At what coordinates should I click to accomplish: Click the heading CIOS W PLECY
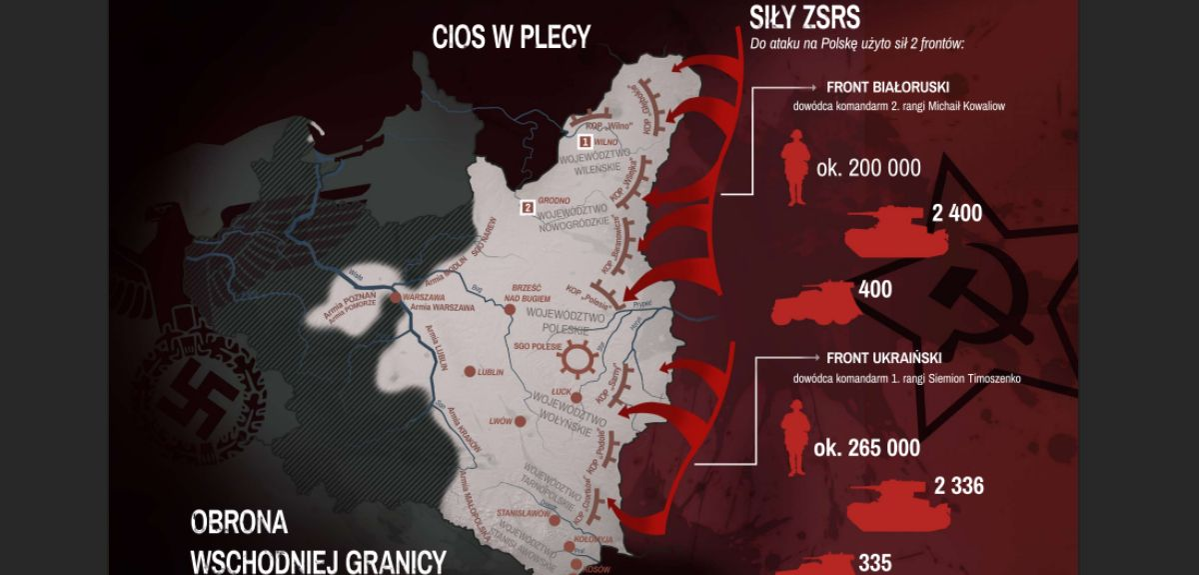click(511, 36)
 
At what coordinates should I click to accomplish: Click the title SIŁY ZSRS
click(806, 17)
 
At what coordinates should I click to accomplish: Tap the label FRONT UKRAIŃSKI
click(884, 357)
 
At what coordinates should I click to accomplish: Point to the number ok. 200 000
click(868, 168)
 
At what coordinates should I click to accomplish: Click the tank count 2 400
click(957, 213)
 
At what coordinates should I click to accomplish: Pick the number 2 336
click(958, 487)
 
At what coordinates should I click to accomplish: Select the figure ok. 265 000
click(867, 447)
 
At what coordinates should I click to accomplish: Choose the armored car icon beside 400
click(811, 301)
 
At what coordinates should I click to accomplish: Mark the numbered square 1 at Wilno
click(586, 143)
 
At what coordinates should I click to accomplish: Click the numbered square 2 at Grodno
click(527, 208)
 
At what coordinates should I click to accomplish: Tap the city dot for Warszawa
click(397, 298)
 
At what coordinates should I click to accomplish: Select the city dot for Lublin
click(467, 371)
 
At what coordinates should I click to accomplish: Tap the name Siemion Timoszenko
click(968, 379)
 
